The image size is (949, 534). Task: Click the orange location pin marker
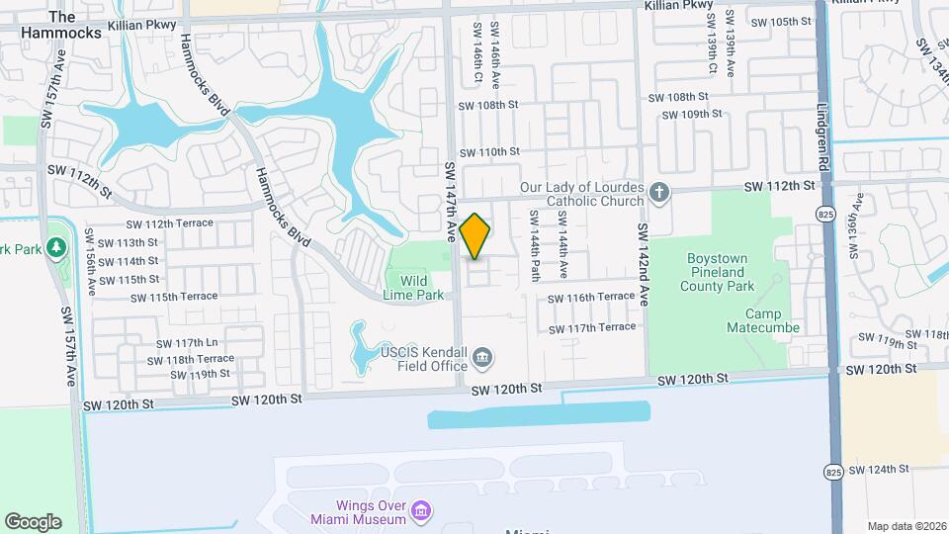(475, 236)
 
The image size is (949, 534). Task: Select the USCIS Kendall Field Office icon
(482, 357)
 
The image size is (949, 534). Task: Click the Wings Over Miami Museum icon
(421, 510)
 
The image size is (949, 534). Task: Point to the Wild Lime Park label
(414, 288)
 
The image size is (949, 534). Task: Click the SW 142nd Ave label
(643, 264)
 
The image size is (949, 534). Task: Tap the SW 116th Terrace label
(591, 297)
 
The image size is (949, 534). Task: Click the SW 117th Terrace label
(591, 327)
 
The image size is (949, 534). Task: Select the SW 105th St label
(787, 22)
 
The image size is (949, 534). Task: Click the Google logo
(33, 522)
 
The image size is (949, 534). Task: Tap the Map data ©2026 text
(906, 526)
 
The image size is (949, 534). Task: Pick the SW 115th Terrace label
(173, 297)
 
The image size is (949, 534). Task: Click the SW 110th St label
(488, 151)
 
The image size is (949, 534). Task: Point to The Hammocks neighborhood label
(61, 25)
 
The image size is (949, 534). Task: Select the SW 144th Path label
(533, 244)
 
